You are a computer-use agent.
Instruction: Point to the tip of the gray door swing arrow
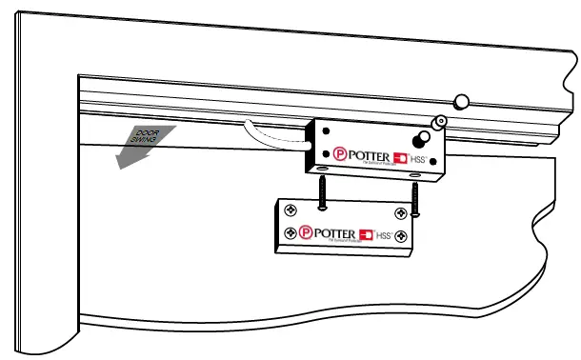117,168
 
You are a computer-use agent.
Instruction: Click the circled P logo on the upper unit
340,152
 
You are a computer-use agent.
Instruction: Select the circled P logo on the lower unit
305,231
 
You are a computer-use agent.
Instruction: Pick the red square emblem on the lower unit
367,232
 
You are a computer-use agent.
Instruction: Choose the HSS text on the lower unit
385,233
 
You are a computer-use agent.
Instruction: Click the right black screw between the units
416,196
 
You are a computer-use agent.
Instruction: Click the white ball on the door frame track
461,100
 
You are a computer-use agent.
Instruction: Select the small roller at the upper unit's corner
440,122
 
